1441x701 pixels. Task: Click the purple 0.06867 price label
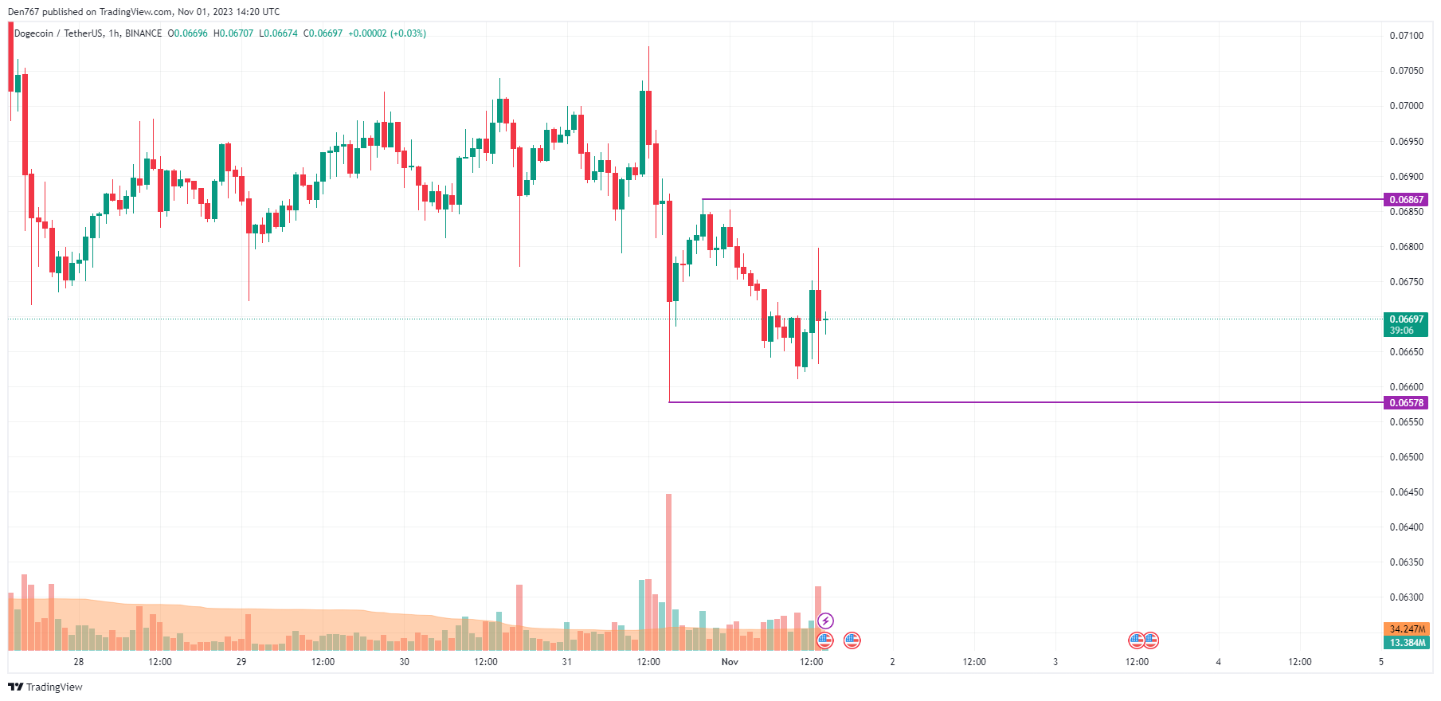pos(1406,200)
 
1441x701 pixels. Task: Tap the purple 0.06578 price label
pos(1406,403)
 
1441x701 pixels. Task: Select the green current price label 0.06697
pos(1406,319)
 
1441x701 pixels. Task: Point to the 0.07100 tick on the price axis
pos(1406,36)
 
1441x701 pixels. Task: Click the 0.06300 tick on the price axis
pos(1406,597)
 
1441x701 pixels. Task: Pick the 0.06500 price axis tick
pos(1406,457)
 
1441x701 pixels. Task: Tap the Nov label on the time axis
pos(730,662)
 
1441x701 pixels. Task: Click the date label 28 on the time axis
pos(78,662)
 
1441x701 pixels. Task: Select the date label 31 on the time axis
pos(566,662)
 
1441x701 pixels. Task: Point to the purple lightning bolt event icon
pos(826,621)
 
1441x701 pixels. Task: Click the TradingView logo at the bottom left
pos(45,687)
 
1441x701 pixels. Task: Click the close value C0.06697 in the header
pos(323,33)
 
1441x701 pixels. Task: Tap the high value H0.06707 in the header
pos(233,33)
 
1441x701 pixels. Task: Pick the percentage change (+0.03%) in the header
pos(408,33)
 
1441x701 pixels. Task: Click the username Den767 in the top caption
pos(23,12)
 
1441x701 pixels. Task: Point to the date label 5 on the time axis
pos(1381,662)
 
